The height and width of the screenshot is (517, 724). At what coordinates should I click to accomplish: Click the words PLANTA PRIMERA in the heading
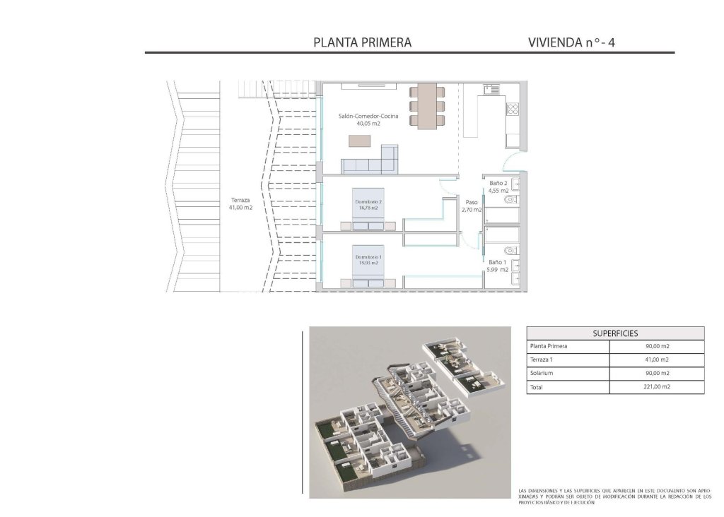click(362, 42)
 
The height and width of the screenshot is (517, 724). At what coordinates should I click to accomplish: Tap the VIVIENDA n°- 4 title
click(571, 42)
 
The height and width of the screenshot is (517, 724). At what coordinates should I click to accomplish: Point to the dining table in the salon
click(427, 106)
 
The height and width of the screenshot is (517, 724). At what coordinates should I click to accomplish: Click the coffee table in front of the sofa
click(359, 140)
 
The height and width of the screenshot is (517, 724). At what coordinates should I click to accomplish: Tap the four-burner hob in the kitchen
click(513, 109)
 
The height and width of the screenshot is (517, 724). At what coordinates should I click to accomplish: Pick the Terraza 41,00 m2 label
click(240, 203)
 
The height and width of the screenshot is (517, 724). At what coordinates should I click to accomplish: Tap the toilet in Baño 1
click(510, 251)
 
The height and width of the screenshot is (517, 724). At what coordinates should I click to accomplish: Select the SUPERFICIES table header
click(615, 333)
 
